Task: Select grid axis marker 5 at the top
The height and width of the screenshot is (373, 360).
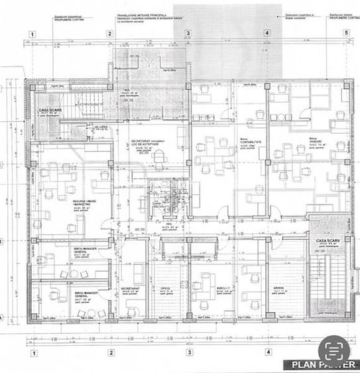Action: (345, 32)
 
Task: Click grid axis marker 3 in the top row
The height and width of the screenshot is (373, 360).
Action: (188, 32)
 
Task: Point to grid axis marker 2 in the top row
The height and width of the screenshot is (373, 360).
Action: (110, 32)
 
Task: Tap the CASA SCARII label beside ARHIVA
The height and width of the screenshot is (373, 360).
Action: (328, 240)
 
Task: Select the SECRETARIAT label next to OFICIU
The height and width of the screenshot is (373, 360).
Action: (129, 289)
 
